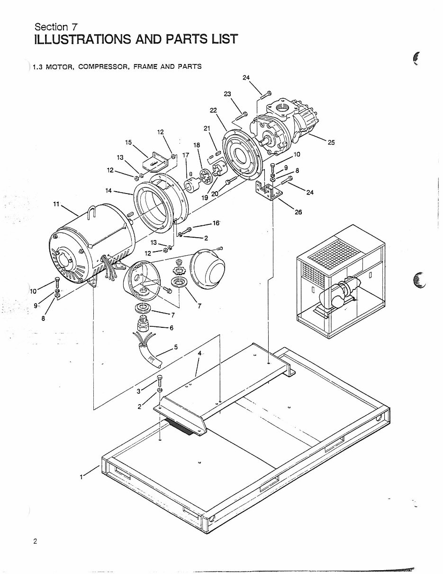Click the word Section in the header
coord(50,27)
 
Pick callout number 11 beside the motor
coord(56,204)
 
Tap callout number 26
coord(298,212)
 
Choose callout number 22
coord(213,110)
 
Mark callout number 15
coord(128,142)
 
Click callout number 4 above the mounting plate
coord(200,353)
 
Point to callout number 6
coord(172,327)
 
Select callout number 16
coord(216,222)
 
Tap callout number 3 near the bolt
coord(139,390)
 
